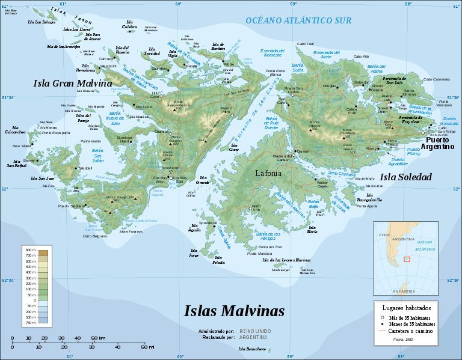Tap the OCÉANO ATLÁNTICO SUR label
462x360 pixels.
coord(298,20)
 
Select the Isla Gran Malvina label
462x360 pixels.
coord(72,83)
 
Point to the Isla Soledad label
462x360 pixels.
coord(405,177)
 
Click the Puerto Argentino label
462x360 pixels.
coord(437,143)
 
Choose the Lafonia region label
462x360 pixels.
coord(268,173)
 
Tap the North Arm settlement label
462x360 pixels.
coord(256,207)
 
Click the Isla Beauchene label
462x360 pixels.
coord(251,349)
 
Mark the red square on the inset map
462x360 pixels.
coord(407,259)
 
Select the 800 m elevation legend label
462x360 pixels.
coord(29,249)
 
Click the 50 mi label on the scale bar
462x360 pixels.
coord(147,347)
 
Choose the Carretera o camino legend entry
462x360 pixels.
coord(411,331)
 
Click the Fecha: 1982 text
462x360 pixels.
coord(404,340)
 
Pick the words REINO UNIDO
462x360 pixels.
coord(256,331)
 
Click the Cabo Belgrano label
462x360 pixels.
coord(95,236)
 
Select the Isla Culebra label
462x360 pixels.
coord(129,26)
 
